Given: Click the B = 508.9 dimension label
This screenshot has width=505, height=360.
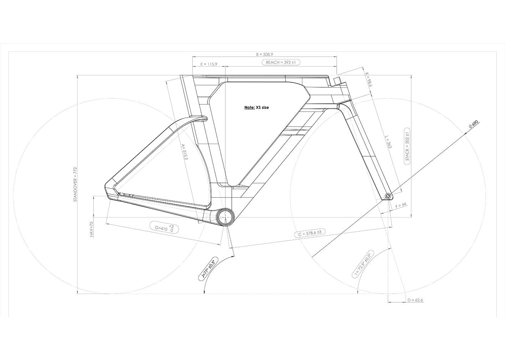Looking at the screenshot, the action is pyautogui.click(x=265, y=54).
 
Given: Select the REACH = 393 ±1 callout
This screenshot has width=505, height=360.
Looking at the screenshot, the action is pyautogui.click(x=281, y=62).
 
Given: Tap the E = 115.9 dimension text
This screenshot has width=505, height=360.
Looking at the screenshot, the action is pyautogui.click(x=209, y=64).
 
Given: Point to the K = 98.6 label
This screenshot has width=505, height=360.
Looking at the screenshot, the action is pyautogui.click(x=368, y=79).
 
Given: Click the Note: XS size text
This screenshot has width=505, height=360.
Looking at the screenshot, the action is pyautogui.click(x=256, y=108).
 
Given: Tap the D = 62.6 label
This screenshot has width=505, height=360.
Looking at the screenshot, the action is pyautogui.click(x=415, y=300).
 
